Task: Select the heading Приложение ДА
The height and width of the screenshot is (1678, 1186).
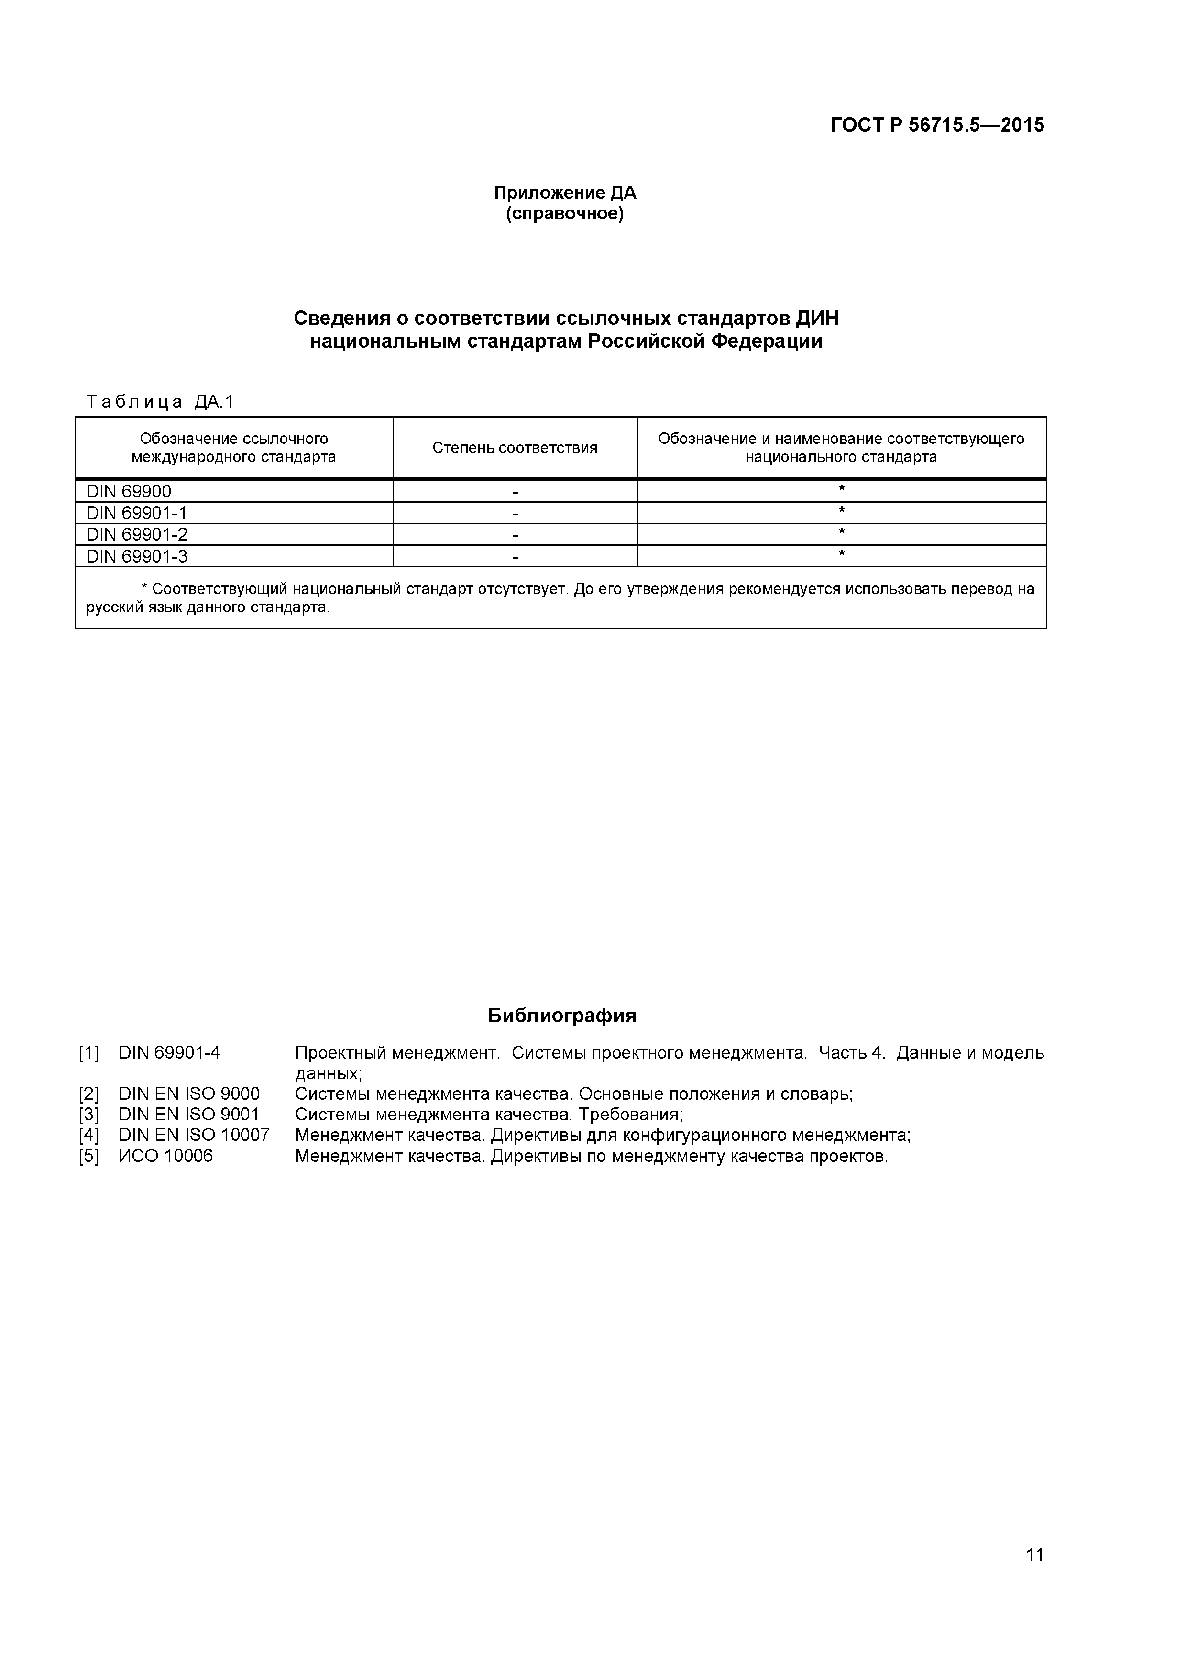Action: pos(565,192)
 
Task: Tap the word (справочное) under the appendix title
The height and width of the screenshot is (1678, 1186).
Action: pos(565,214)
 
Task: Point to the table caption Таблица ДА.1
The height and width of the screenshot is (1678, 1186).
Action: pos(159,401)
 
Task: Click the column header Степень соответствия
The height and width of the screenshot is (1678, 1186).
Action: pos(515,448)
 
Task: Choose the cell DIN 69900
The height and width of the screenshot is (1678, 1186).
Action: pos(129,491)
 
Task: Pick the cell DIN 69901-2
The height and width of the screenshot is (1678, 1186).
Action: pos(137,534)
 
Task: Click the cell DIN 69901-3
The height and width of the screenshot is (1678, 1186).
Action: pos(137,556)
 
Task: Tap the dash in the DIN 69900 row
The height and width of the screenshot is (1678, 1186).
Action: pos(515,492)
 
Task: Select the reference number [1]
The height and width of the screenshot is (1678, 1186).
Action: pos(88,1053)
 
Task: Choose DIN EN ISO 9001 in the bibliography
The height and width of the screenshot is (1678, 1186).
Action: pos(188,1115)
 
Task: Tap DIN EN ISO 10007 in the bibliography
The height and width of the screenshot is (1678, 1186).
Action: pos(194,1135)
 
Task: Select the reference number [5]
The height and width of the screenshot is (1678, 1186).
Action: pos(88,1156)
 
